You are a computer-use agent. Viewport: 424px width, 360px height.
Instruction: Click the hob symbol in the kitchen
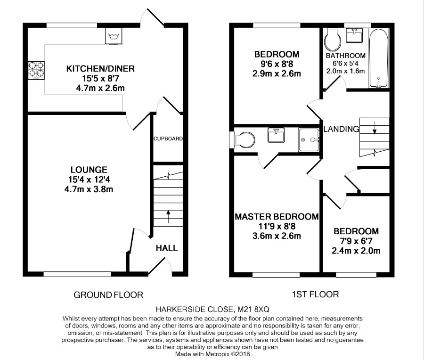[x=36, y=70]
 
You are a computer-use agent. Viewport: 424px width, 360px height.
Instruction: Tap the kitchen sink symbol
[x=114, y=36]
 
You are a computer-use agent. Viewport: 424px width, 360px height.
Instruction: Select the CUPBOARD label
[x=168, y=139]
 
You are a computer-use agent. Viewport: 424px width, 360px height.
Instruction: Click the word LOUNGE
[x=89, y=170]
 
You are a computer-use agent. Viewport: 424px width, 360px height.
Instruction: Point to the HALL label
[x=167, y=248]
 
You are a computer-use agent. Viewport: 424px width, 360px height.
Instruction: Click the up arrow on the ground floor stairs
[x=168, y=216]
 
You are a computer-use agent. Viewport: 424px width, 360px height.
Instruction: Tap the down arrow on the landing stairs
[x=375, y=128]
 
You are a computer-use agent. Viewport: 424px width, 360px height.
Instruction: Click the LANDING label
[x=341, y=129]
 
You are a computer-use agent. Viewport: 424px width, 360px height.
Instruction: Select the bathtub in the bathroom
[x=379, y=58]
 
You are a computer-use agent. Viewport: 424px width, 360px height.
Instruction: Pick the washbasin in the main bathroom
[x=354, y=35]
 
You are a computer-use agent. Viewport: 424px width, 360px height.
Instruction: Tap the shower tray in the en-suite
[x=309, y=140]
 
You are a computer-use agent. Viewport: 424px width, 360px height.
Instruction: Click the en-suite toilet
[x=242, y=140]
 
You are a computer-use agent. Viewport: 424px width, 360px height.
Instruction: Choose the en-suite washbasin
[x=276, y=135]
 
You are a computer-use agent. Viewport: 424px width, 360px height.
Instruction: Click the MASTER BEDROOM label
[x=277, y=217]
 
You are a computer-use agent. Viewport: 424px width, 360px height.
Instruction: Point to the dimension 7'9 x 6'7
[x=356, y=241]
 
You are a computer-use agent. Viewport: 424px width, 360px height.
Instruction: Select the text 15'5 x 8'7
[x=101, y=78]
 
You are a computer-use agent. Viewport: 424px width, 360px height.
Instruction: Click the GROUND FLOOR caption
[x=108, y=295]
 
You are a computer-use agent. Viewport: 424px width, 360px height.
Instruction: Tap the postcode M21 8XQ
[x=253, y=309]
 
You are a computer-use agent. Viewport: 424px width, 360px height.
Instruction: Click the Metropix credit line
[x=212, y=354]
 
